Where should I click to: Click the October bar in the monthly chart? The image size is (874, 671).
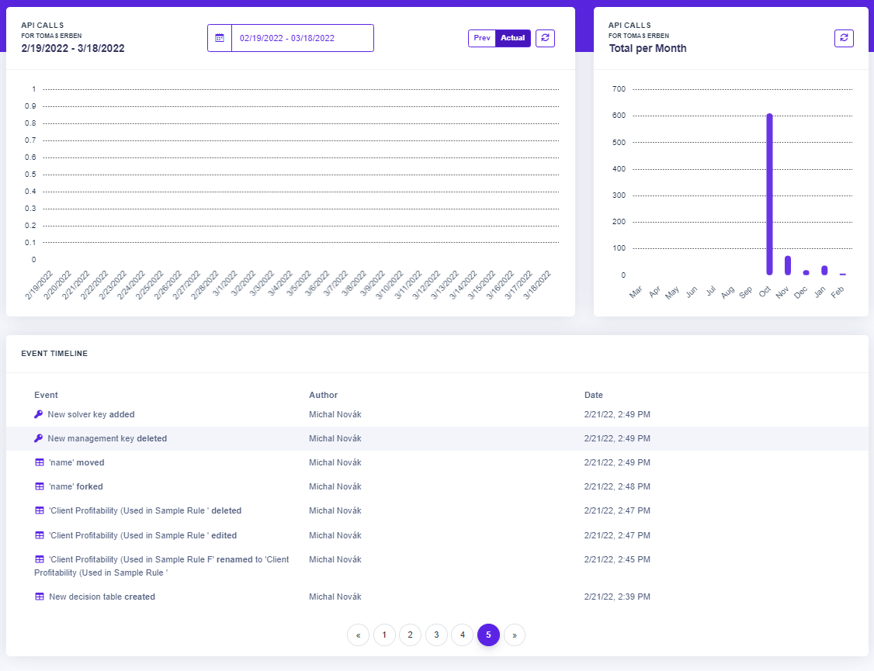click(769, 194)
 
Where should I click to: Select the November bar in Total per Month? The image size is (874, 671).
click(788, 265)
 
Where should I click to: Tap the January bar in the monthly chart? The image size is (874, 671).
click(824, 270)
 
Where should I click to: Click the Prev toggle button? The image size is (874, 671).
click(481, 38)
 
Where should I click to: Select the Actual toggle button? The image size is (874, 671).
click(513, 38)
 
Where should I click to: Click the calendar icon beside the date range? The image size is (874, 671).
click(220, 38)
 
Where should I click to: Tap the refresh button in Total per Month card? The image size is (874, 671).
click(844, 38)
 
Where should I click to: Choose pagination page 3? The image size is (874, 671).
click(436, 635)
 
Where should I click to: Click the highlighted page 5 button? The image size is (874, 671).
click(488, 635)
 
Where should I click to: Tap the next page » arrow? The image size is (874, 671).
click(515, 635)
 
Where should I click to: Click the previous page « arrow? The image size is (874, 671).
click(358, 635)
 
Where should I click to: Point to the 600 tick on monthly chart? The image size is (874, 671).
click(619, 116)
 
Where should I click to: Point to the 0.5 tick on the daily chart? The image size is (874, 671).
click(30, 175)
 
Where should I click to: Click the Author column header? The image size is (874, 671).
click(324, 395)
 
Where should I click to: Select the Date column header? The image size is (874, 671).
click(594, 395)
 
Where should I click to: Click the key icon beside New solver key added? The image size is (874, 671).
click(39, 414)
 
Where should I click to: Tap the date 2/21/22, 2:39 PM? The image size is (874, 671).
click(617, 597)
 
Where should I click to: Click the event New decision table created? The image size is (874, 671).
click(102, 597)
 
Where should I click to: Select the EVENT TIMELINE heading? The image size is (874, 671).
click(54, 354)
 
